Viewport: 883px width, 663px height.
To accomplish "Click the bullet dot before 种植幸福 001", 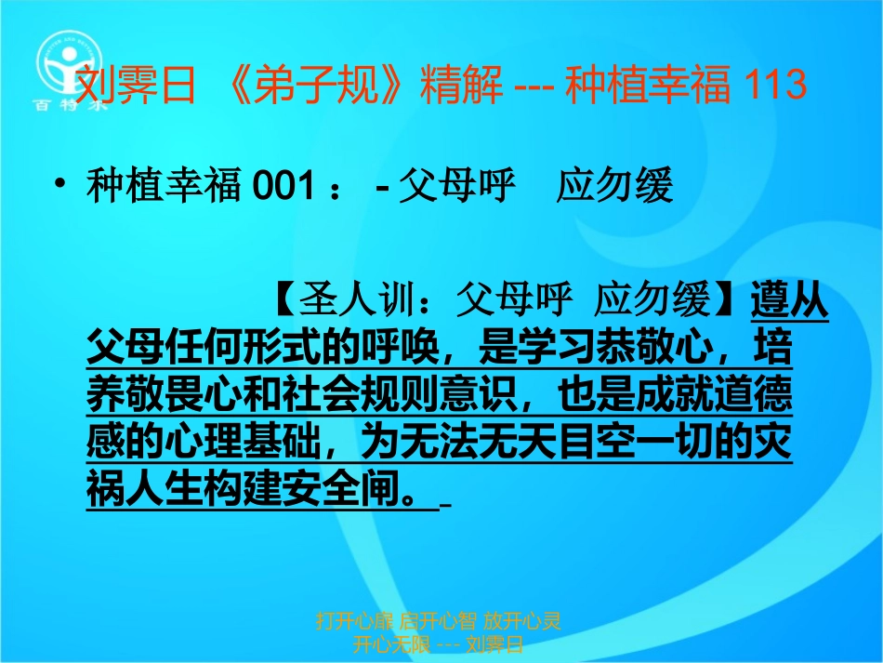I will tap(60, 187).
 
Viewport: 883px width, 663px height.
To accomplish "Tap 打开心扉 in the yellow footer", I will tap(352, 619).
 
